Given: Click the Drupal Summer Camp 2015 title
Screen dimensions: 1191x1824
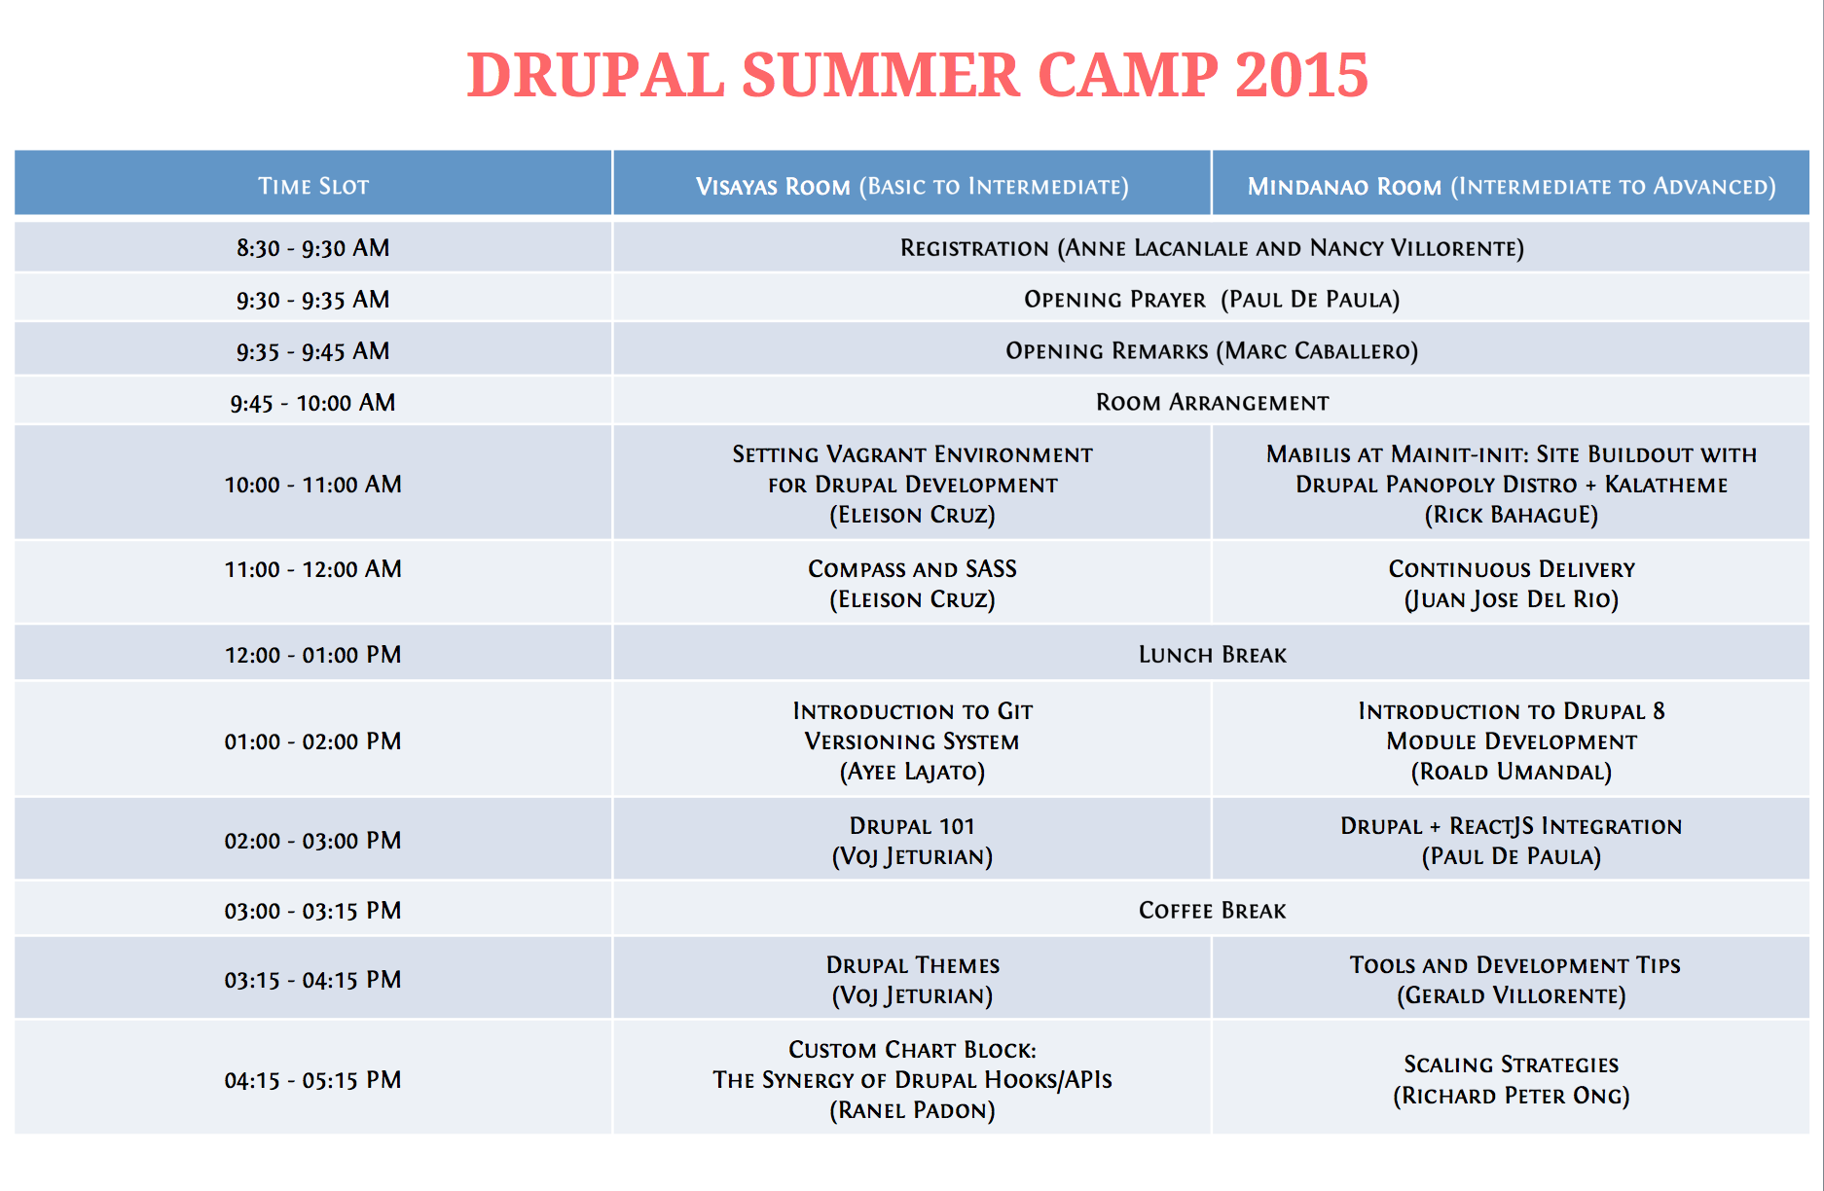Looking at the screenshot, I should [x=917, y=75].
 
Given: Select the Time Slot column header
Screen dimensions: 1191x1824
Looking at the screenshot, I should [x=312, y=185].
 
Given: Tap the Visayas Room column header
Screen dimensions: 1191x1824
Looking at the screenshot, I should [x=912, y=185].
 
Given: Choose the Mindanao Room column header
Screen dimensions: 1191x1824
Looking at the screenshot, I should [x=1511, y=185].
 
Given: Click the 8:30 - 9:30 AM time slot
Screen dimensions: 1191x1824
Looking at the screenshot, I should [x=312, y=248].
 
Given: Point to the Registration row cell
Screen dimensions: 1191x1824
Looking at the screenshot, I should [x=1212, y=248].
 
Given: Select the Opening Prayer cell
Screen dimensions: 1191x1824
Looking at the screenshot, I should [x=1212, y=300].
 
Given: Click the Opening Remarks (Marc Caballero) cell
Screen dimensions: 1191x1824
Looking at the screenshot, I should [x=1212, y=351].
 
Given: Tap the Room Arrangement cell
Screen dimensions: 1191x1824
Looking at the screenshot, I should [x=1212, y=403].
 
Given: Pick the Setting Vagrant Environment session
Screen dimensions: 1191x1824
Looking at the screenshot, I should [x=912, y=484].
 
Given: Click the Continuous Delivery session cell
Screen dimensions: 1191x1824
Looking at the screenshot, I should [x=1511, y=584].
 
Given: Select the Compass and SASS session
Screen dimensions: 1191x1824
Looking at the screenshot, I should [x=912, y=584].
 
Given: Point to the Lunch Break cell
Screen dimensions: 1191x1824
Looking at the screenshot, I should [x=1212, y=655].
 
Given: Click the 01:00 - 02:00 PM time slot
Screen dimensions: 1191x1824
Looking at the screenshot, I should [x=312, y=741].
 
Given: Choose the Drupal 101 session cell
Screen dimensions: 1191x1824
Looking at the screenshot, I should [x=912, y=841].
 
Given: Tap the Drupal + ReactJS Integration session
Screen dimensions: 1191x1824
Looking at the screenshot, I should [x=1511, y=841].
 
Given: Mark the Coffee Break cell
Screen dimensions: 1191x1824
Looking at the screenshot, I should [x=1212, y=911].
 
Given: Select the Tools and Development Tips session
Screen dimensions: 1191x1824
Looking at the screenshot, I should [x=1511, y=980].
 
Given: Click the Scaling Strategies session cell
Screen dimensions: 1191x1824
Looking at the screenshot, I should [x=1511, y=1080].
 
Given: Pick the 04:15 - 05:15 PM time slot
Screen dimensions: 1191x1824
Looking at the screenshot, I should [x=312, y=1080].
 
